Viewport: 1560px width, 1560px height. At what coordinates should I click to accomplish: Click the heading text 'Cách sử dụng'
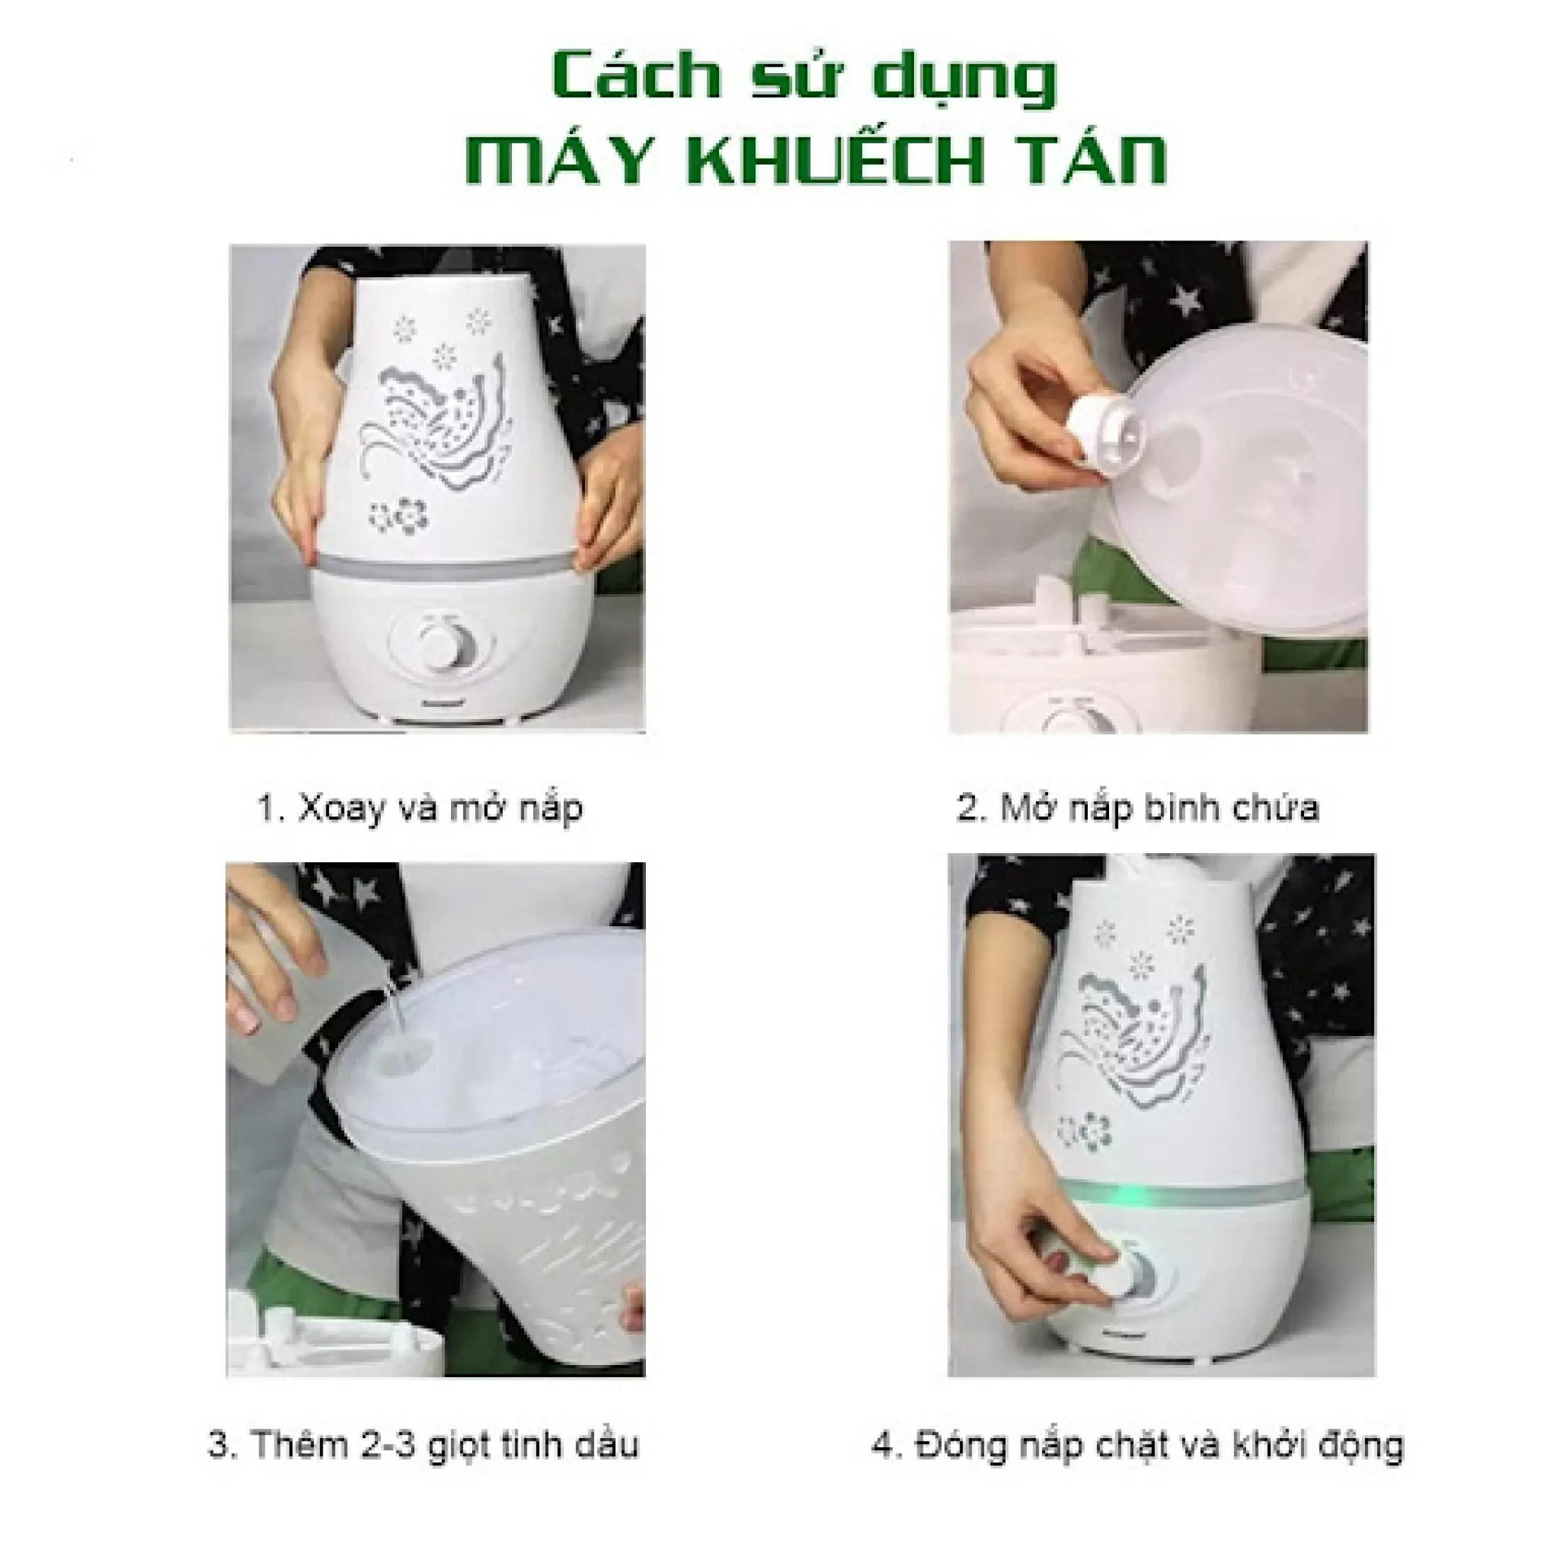pyautogui.click(x=805, y=80)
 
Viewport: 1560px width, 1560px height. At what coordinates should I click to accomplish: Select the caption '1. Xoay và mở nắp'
pyautogui.click(x=419, y=808)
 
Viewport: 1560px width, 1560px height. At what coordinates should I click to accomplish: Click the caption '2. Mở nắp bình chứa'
pyautogui.click(x=1137, y=808)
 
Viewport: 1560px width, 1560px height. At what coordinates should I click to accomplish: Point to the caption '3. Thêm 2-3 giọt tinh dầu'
pyautogui.click(x=423, y=1444)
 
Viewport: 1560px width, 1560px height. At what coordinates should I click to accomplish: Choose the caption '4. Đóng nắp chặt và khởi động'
pyautogui.click(x=1137, y=1444)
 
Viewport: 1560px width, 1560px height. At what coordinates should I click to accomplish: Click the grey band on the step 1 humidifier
pyautogui.click(x=436, y=564)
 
